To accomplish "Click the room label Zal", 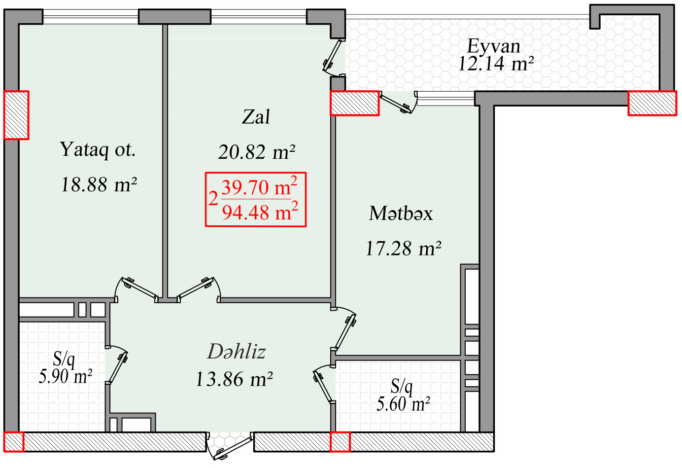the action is pos(256,117).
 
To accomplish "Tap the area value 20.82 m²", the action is pos(257,152).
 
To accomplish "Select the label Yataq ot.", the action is pos(98,149).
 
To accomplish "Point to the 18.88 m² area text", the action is pos(99,184).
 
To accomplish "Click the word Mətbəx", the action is pos(401,213).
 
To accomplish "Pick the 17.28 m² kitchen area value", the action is pos(404,248).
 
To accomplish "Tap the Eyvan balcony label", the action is pos(494,46).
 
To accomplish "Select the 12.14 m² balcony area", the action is pos(496,64).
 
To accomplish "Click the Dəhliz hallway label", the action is pos(236,351).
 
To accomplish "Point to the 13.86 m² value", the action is pos(234,379).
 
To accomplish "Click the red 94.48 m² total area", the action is pos(260,212).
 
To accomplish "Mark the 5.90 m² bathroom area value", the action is pos(65,377).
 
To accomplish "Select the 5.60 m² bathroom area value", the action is pos(403,404).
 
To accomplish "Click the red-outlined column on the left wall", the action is pos(16,115).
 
